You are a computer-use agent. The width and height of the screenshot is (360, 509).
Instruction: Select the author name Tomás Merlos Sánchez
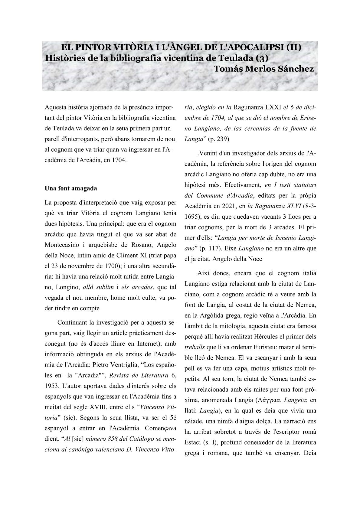pyautogui.click(x=263, y=69)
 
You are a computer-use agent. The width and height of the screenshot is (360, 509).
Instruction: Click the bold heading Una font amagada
pyautogui.click(x=71, y=188)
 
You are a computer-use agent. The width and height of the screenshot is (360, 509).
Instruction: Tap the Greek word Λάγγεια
pyautogui.click(x=268, y=400)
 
